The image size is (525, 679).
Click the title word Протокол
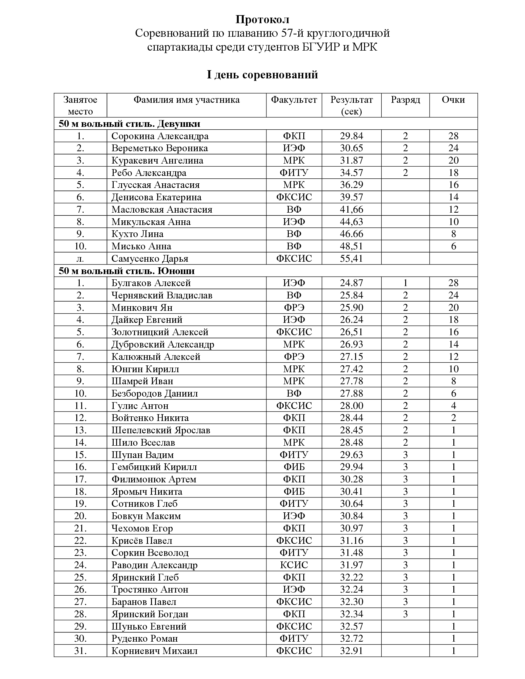click(262, 19)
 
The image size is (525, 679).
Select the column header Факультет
click(294, 100)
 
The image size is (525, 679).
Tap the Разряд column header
click(405, 100)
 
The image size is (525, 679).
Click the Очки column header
click(453, 100)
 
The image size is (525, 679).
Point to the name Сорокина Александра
click(160, 136)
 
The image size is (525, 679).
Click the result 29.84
click(351, 136)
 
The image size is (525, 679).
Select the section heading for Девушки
click(129, 124)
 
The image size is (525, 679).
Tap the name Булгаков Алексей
click(151, 283)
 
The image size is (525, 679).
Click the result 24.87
click(351, 283)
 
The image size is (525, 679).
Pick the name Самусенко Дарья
click(150, 259)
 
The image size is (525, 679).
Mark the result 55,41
click(351, 259)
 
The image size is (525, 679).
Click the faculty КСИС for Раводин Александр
click(294, 565)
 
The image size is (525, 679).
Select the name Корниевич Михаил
click(154, 651)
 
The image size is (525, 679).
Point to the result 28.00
click(351, 406)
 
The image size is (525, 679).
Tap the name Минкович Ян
click(142, 307)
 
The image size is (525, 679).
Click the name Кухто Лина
click(137, 234)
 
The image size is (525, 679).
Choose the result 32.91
click(351, 651)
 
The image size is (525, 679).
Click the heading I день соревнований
click(262, 75)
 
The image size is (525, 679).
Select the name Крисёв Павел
click(142, 541)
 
